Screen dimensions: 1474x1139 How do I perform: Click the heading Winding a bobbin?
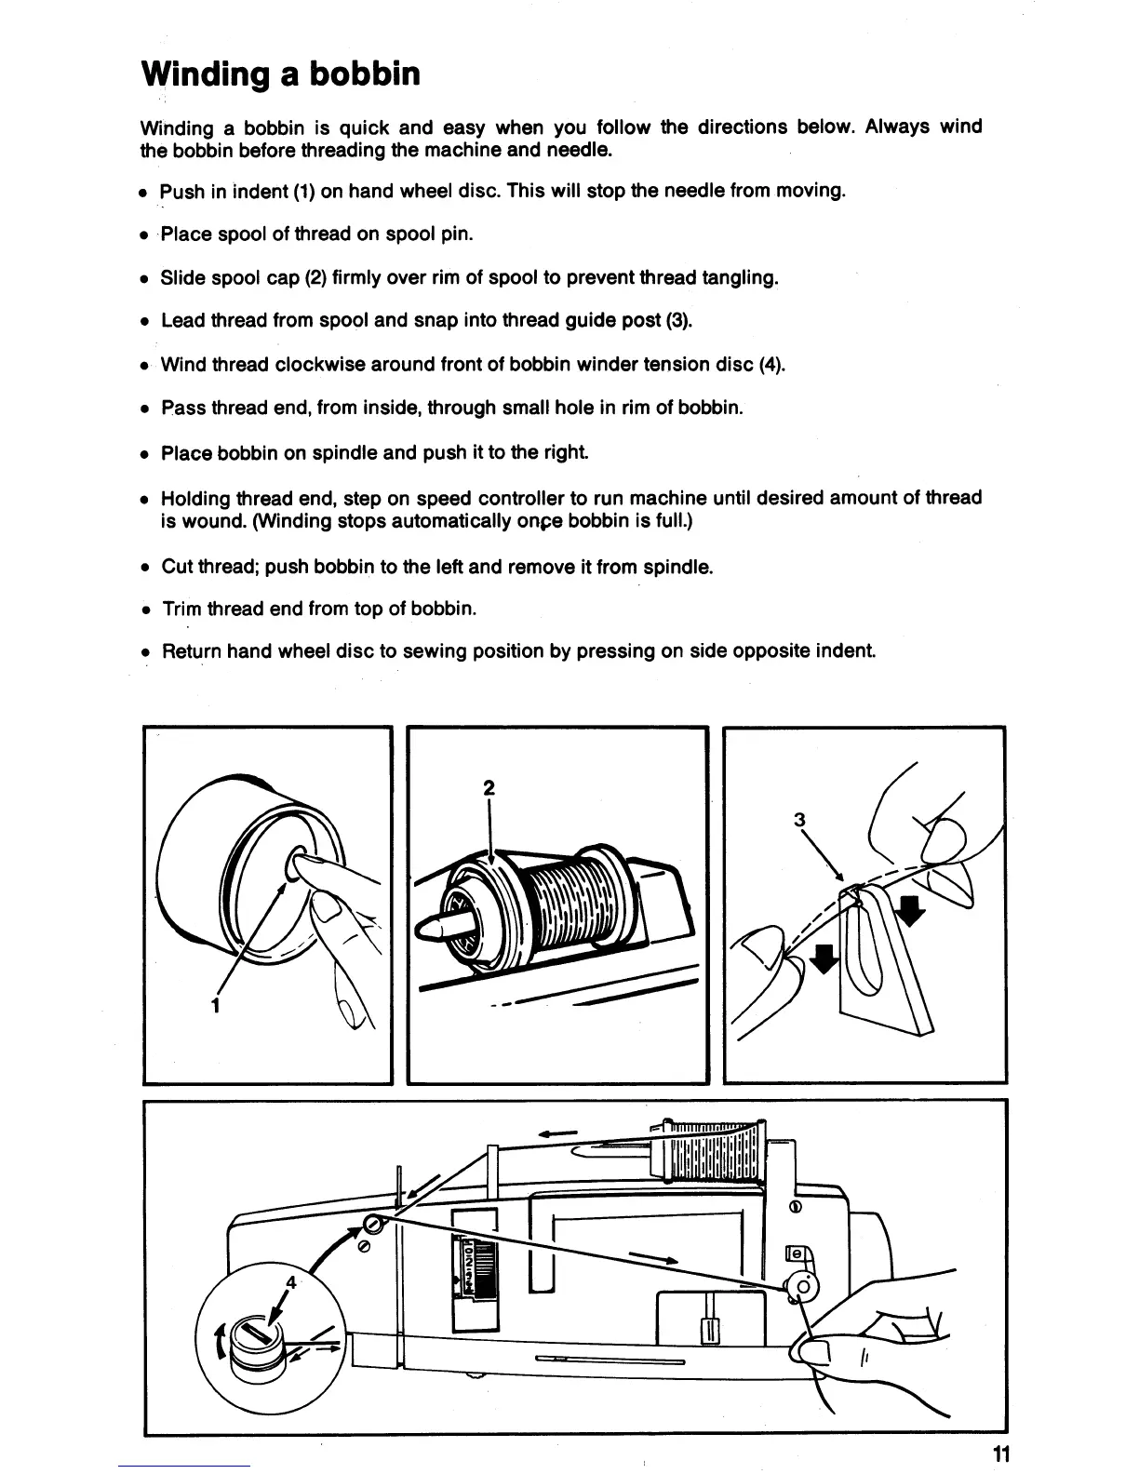pos(280,74)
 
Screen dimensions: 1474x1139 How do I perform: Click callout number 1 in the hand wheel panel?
pos(215,1005)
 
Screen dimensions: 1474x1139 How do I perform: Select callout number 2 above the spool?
pos(488,787)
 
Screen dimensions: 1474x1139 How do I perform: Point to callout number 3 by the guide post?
pos(797,820)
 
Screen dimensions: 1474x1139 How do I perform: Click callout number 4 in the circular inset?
pos(291,1281)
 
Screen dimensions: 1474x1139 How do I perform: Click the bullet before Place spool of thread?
pos(145,235)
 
